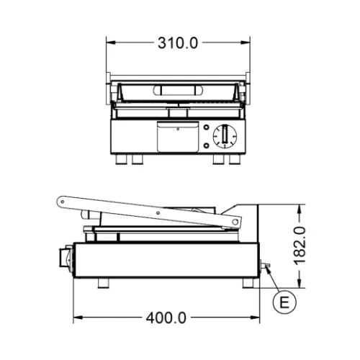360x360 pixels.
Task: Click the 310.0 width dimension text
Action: [x=177, y=42]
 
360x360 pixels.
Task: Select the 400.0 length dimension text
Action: [x=167, y=318]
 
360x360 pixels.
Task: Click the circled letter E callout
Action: [x=286, y=302]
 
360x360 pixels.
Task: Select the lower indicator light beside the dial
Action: [x=207, y=145]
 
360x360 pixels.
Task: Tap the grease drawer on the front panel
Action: [x=177, y=136]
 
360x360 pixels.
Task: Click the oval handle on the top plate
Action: [x=177, y=90]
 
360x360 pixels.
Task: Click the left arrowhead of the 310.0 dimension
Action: [x=111, y=42]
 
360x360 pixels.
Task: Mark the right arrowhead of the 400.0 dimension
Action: [x=257, y=318]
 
